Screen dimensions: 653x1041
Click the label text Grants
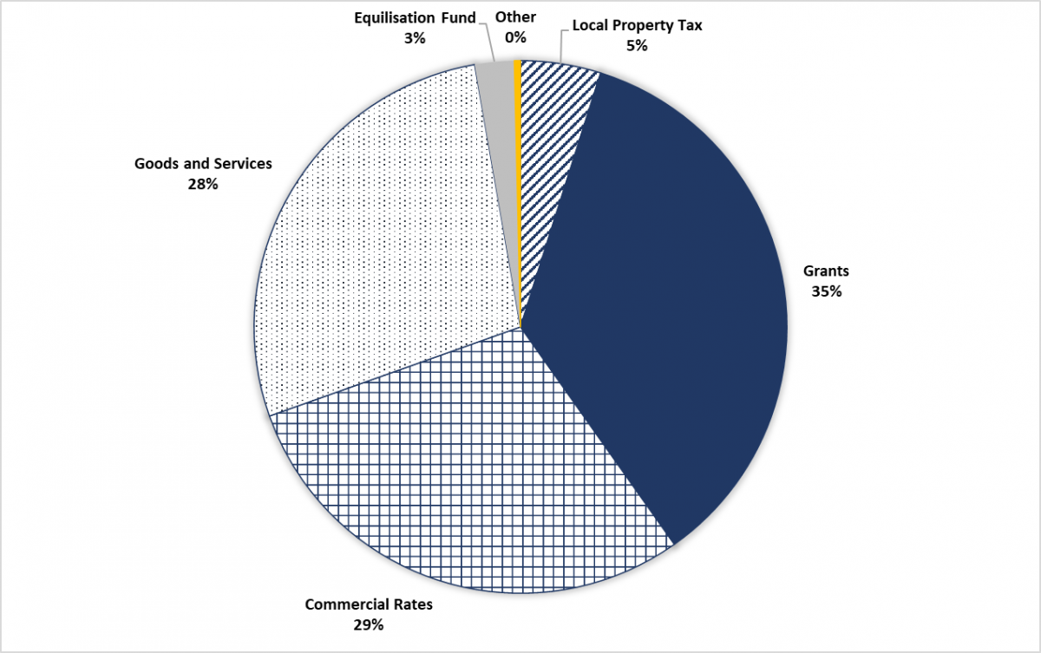click(x=825, y=271)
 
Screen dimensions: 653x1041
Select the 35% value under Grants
click(x=825, y=291)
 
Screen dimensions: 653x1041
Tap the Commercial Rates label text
click(x=369, y=604)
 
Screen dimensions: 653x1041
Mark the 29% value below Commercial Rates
click(x=369, y=624)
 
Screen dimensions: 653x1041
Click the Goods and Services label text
click(x=203, y=163)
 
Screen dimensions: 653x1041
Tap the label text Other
click(x=515, y=17)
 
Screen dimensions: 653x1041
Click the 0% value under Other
click(x=515, y=37)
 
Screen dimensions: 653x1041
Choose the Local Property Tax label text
click(x=637, y=25)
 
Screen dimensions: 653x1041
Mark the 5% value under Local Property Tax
click(x=637, y=45)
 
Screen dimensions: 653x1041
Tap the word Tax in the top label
click(x=690, y=25)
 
